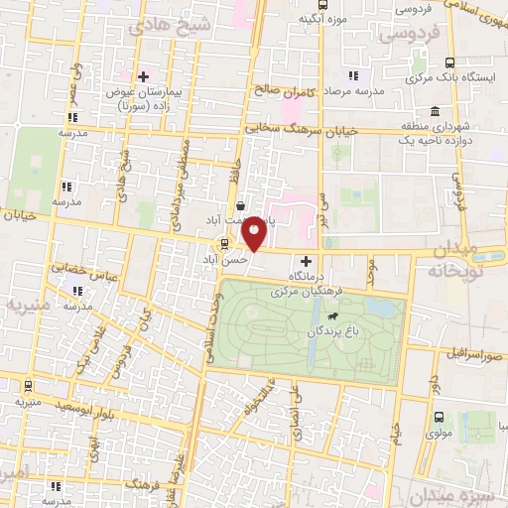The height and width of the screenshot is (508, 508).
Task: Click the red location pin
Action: [x=255, y=233]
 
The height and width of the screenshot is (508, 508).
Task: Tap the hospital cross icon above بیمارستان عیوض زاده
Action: [x=143, y=75]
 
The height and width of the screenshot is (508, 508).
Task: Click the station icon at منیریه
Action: [x=27, y=386]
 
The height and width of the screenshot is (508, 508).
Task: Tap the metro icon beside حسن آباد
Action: [x=225, y=244]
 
